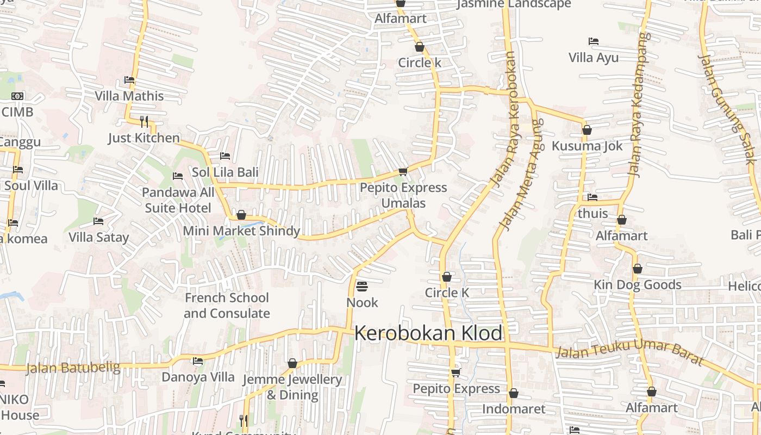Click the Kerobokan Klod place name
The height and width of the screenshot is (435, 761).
[428, 333]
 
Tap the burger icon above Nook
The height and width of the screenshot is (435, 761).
[362, 286]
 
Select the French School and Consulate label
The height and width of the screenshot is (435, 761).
[227, 306]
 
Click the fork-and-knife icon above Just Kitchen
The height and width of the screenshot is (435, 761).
[144, 121]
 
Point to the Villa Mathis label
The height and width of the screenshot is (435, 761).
[129, 96]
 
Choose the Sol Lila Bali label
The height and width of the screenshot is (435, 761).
[225, 172]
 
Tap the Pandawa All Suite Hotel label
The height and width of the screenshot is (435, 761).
[178, 200]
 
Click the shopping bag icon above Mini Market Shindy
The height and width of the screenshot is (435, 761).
[241, 215]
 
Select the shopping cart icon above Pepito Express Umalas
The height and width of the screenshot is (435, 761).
[403, 172]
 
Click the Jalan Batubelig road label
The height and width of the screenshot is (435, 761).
[73, 368]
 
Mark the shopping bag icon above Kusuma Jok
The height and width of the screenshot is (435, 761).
[587, 130]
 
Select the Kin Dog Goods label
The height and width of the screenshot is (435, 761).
[637, 285]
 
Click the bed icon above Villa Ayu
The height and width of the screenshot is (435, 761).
[594, 41]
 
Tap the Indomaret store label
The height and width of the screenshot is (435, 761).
[514, 409]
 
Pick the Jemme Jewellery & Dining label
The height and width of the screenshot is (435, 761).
[292, 387]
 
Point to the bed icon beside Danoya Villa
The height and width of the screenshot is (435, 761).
[198, 361]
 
